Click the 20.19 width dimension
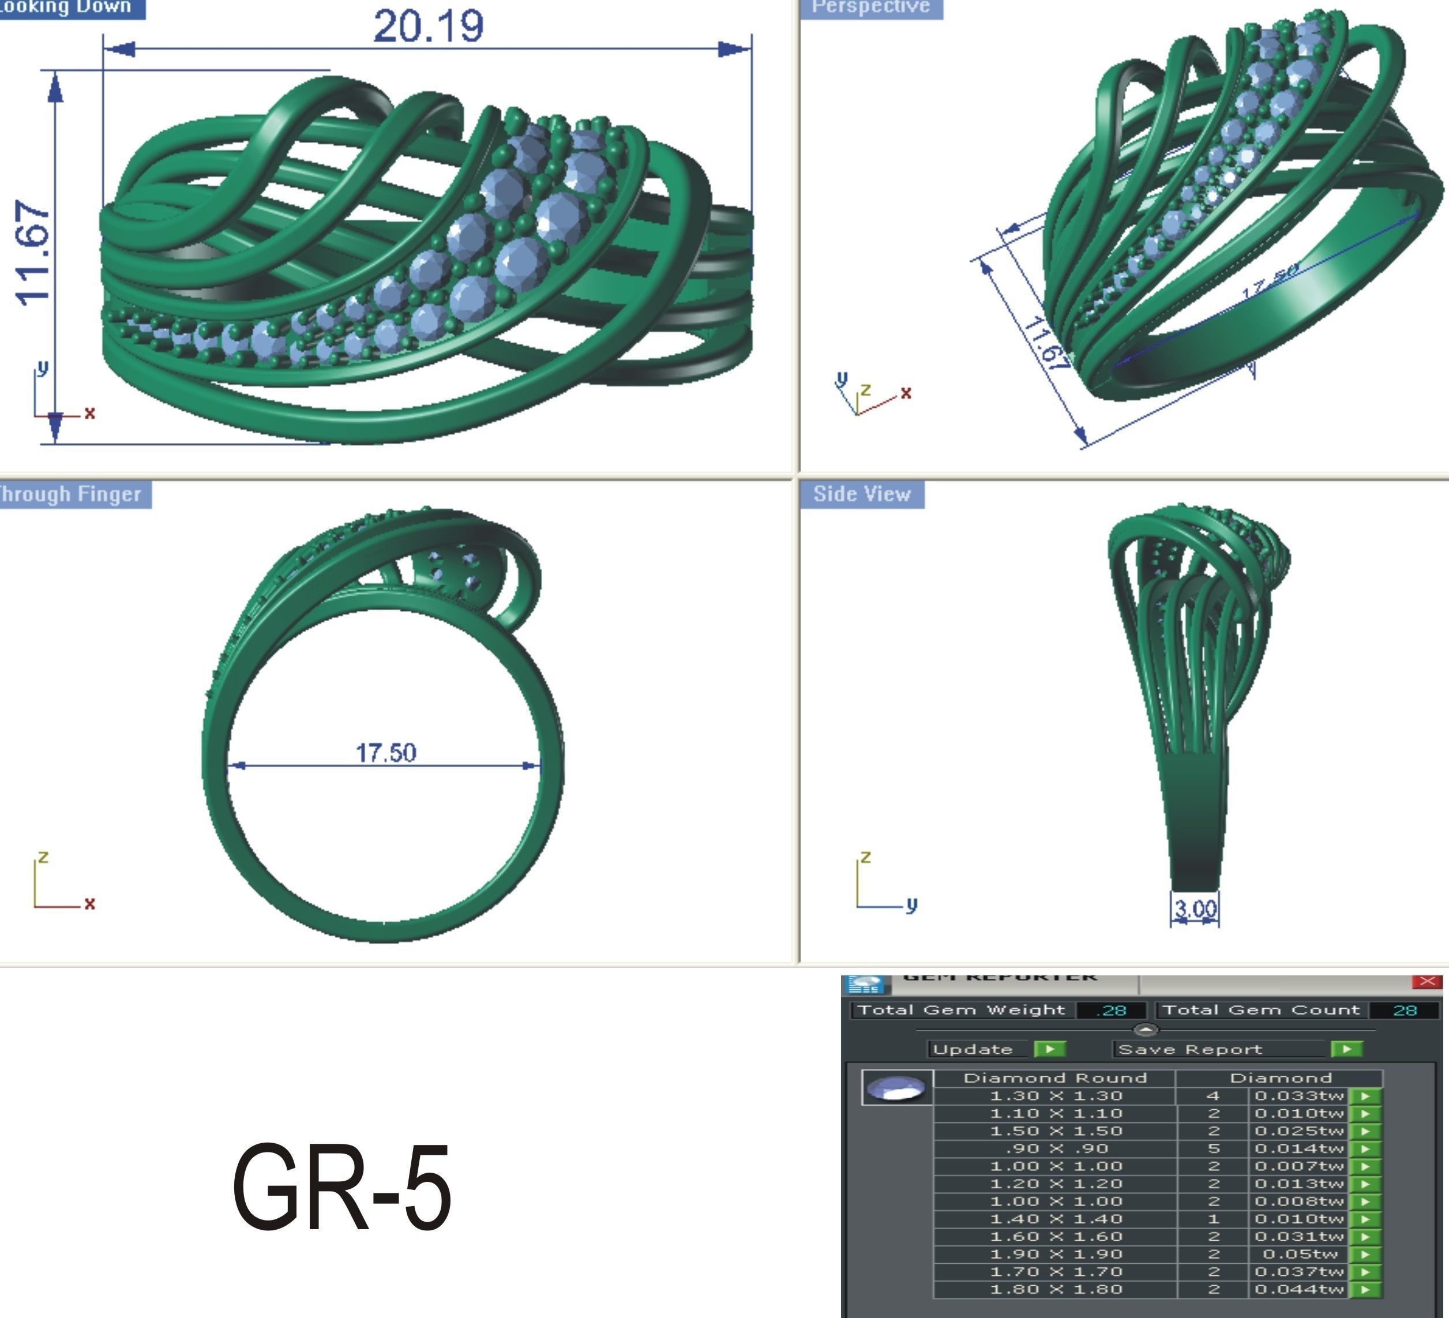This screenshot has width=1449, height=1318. (429, 27)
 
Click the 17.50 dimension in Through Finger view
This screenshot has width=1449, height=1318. (386, 752)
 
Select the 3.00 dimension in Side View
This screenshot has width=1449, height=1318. (1195, 908)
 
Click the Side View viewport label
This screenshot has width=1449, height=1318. (862, 494)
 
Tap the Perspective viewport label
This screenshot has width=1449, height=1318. (870, 7)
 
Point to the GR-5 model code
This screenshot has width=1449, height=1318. (342, 1187)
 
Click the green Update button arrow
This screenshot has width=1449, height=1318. (1049, 1049)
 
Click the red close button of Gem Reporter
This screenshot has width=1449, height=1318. (1427, 982)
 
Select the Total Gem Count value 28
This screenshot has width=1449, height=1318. (1405, 1011)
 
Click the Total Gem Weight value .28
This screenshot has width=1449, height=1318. (1111, 1011)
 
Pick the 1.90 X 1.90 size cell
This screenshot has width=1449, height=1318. (1055, 1254)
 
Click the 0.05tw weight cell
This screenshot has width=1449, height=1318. (1300, 1254)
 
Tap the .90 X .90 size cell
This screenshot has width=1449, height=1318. (1055, 1148)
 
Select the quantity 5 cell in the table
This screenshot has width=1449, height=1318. (1213, 1148)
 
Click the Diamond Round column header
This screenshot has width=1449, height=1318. (1054, 1078)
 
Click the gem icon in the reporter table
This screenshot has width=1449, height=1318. (896, 1088)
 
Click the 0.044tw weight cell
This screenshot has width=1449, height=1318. (1300, 1289)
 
